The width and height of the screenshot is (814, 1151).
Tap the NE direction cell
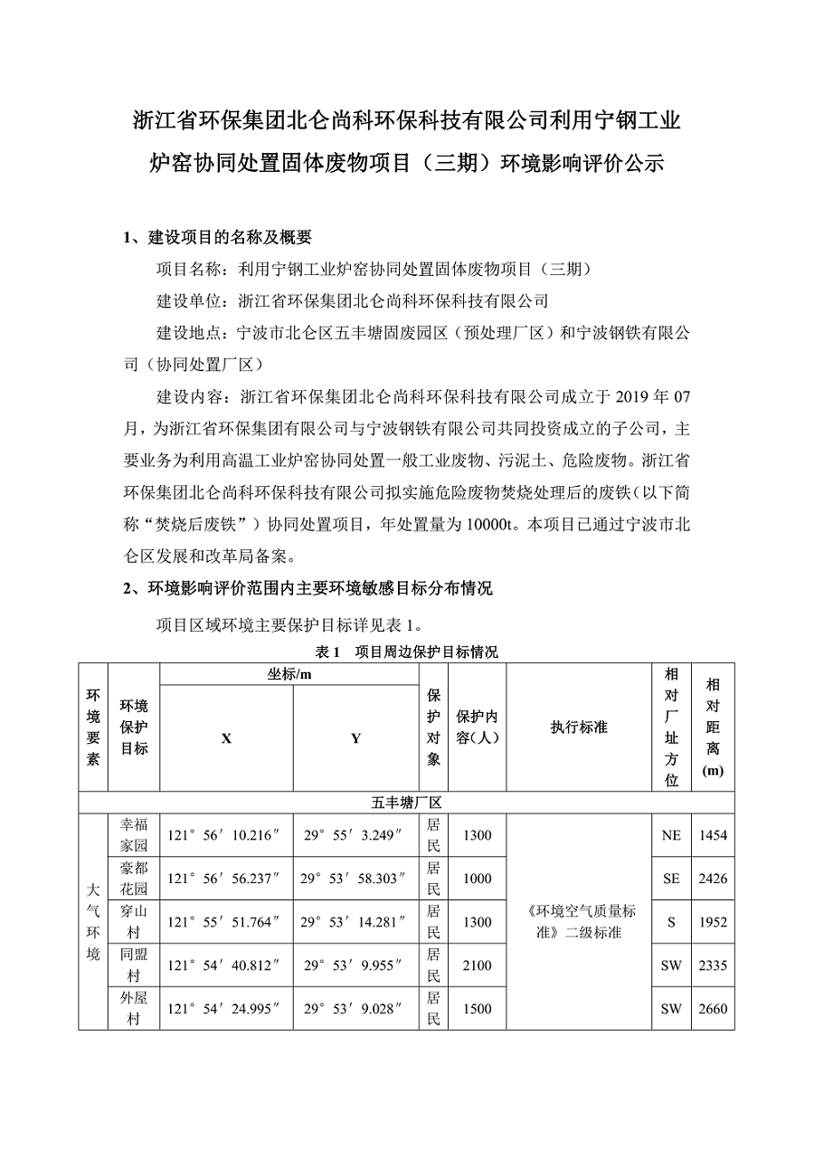coord(670,835)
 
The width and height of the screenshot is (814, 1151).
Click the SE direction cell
coord(670,879)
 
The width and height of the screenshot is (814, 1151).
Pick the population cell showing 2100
coord(477,966)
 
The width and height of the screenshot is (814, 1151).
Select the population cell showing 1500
coord(477,1009)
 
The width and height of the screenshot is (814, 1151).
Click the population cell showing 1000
coord(477,879)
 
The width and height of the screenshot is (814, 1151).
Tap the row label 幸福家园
coord(133,835)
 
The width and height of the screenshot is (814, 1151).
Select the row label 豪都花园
coord(133,879)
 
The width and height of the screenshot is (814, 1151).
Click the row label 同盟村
coord(133,966)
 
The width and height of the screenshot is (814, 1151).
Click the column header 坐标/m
coord(289,674)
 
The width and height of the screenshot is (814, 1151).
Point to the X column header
coord(226,738)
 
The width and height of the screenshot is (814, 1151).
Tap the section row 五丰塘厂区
coord(406,803)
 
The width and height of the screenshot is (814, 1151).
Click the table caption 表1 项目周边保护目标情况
coord(406,652)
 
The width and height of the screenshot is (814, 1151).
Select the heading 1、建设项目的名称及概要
coord(218,237)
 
